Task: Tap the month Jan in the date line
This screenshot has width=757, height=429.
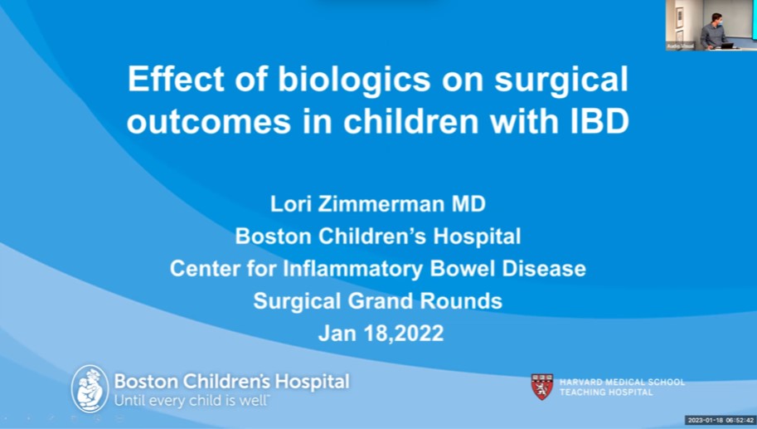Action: [337, 333]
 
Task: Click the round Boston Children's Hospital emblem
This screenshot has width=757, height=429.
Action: [90, 388]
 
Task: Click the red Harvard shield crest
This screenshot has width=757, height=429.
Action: [541, 387]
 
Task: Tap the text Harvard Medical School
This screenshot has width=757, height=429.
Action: [622, 382]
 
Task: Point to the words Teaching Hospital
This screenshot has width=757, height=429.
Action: [606, 392]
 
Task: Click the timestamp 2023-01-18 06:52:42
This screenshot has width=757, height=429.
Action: [720, 420]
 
